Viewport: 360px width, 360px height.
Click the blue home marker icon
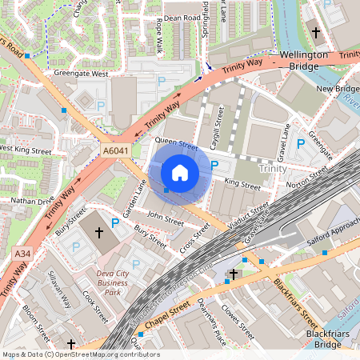180,172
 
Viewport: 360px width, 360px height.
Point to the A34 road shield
22,254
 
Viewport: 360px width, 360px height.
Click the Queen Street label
176,146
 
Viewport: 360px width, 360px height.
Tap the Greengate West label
81,74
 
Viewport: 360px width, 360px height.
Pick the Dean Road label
182,17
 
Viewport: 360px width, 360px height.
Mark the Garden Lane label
133,197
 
